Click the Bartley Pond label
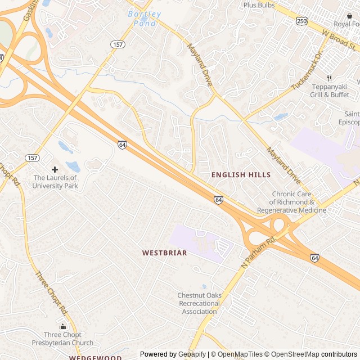tap(145, 19)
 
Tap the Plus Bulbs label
tap(258, 5)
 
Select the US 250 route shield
tap(302, 20)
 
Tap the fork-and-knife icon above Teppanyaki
tap(330, 78)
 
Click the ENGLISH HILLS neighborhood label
tap(241, 175)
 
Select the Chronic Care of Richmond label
tap(298, 202)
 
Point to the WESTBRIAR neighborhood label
tap(164, 253)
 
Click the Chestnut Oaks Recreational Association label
tap(200, 303)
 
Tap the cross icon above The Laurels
tap(55, 169)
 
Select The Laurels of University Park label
tap(55, 182)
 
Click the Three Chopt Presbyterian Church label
tap(62, 339)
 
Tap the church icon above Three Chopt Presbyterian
tap(62, 327)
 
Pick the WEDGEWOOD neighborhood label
tap(96, 357)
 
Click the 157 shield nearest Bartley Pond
tap(118, 44)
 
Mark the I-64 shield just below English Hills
tap(218, 200)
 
